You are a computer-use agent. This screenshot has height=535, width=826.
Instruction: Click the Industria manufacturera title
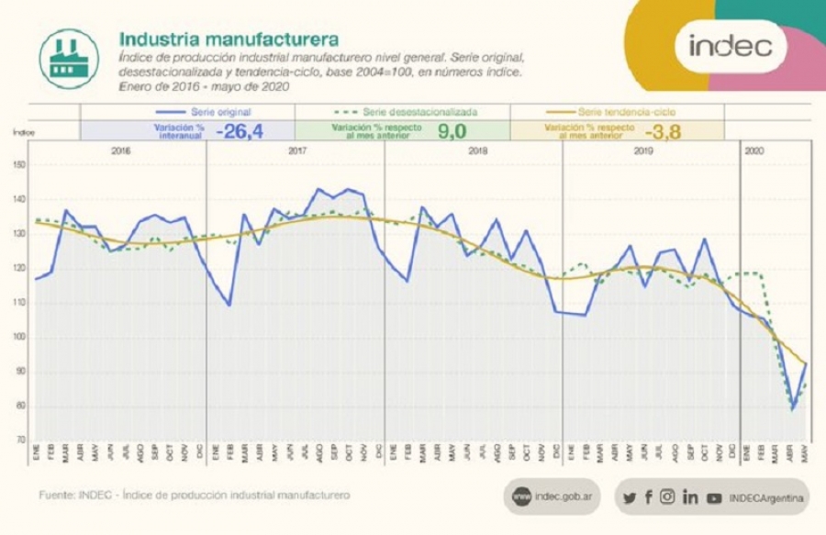(x=229, y=39)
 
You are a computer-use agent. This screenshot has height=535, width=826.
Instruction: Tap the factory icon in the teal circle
(x=69, y=59)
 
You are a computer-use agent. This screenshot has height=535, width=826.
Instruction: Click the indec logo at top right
(x=731, y=45)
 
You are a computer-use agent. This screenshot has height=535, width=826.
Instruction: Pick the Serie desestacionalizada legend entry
(x=402, y=111)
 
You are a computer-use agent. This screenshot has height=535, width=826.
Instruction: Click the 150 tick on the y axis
(x=19, y=165)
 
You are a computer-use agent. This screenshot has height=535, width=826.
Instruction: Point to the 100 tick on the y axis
(x=19, y=337)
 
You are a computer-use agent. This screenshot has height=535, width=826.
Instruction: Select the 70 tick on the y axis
(x=20, y=440)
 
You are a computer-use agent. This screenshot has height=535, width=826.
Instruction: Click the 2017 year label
(x=296, y=150)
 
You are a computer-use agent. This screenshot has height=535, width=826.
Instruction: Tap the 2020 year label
(x=753, y=150)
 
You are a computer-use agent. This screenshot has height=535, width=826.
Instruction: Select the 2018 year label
(x=477, y=150)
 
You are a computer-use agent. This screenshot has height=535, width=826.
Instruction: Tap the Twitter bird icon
(x=629, y=497)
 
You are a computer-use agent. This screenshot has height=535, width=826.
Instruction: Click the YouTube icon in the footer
(x=714, y=497)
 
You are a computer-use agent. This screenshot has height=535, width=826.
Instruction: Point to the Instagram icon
(x=667, y=496)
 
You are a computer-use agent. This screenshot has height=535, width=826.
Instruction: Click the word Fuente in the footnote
(x=55, y=496)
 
